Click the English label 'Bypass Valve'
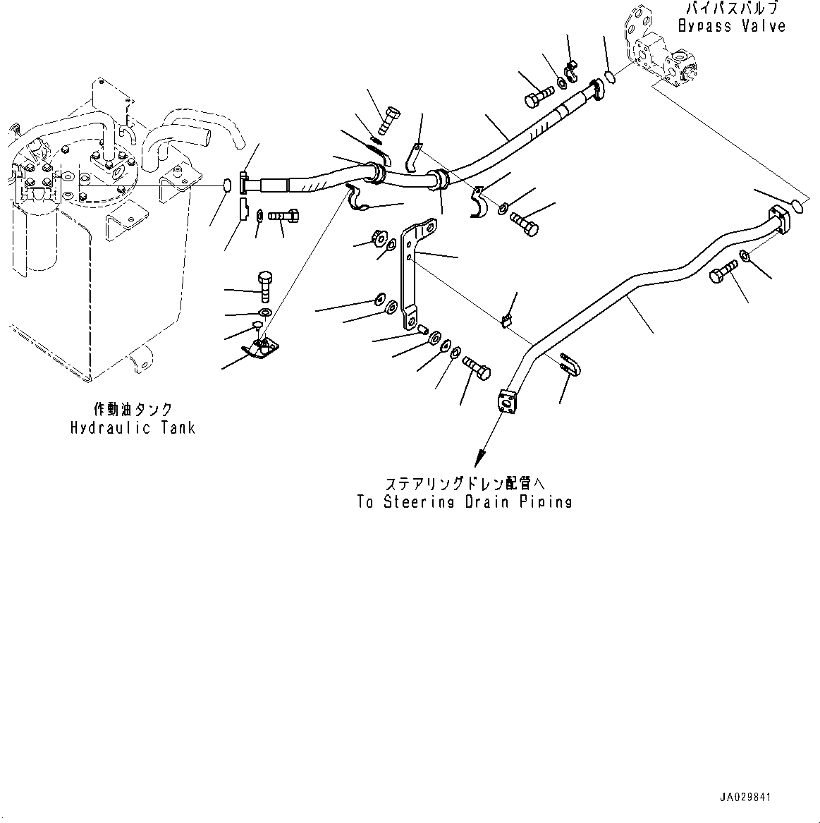(731, 26)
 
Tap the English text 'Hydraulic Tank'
(133, 427)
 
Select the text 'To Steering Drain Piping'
(464, 502)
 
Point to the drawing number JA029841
(745, 798)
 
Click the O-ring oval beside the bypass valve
(611, 77)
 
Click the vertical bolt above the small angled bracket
(265, 286)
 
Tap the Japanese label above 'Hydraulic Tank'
(133, 409)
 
